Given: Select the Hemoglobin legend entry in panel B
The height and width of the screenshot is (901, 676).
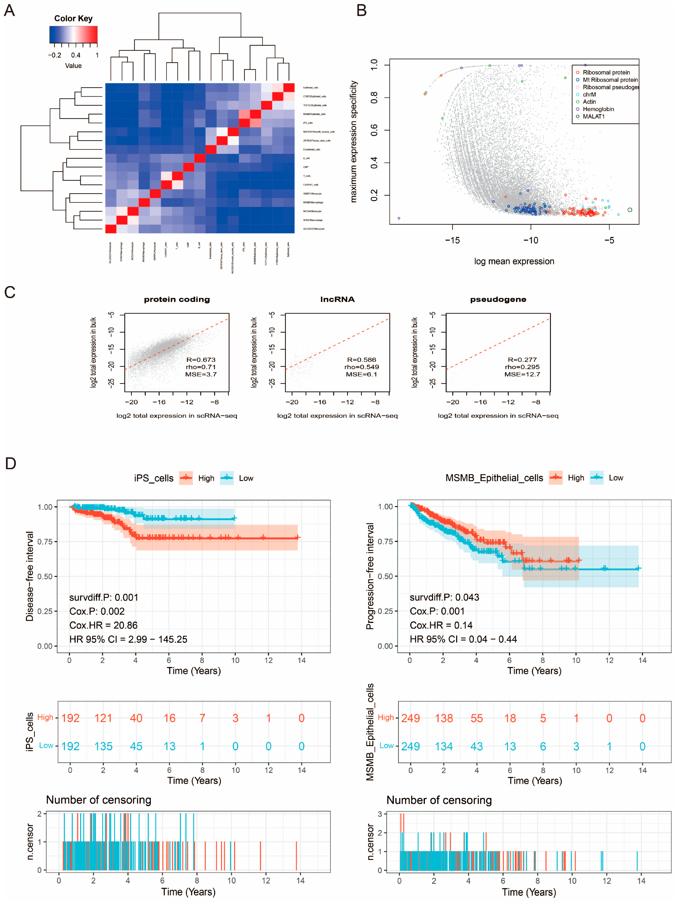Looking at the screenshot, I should click(x=598, y=109).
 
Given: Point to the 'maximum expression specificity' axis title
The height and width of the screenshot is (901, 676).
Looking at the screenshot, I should click(x=353, y=141).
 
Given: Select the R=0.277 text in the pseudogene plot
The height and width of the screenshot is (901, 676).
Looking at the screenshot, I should click(x=522, y=360).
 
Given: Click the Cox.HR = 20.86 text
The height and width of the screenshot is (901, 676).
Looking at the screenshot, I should click(x=103, y=625).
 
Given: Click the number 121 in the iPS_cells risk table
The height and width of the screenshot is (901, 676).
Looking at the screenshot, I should click(x=103, y=718).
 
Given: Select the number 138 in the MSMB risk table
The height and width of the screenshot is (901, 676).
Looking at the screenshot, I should click(x=444, y=718).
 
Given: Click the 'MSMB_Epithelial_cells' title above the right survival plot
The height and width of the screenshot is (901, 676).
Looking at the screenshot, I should click(x=494, y=478).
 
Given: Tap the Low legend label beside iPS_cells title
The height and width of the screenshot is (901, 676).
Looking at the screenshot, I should click(x=246, y=478).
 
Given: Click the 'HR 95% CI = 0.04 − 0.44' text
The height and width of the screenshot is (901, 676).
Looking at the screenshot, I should click(x=463, y=639).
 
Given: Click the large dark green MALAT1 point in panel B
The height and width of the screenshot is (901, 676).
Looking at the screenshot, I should click(x=630, y=210).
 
